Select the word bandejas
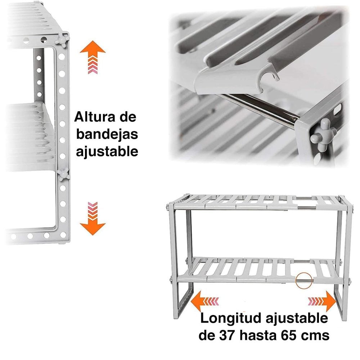(x=106, y=134)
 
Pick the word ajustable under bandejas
(x=106, y=151)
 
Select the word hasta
(x=261, y=336)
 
